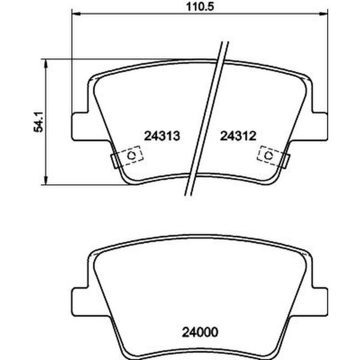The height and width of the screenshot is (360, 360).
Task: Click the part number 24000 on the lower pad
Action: click(x=198, y=331)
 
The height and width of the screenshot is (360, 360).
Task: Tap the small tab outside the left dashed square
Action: click(x=115, y=160)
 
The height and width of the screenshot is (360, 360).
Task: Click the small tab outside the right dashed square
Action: click(x=286, y=160)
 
